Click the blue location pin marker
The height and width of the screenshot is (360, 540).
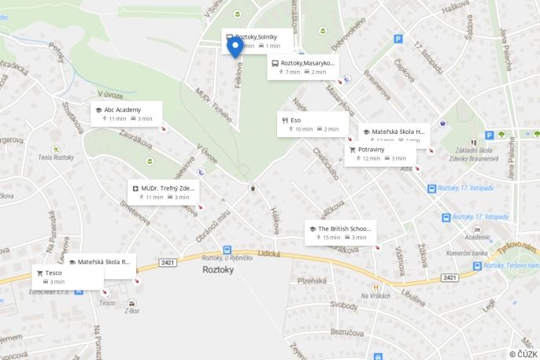pos(235,47)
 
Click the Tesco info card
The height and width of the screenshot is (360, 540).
pos(67,276)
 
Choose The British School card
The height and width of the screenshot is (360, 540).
pos(340,232)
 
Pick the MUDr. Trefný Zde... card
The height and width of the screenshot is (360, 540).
pos(163,192)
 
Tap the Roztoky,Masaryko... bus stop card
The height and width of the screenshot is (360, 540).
pos(302,66)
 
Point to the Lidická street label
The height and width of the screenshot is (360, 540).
pos(268,253)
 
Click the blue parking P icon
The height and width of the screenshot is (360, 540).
pos(398,39)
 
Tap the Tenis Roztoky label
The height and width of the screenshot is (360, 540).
pos(55,158)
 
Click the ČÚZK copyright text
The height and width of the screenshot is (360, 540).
pos(523,354)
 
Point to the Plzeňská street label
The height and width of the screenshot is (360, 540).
pos(313,280)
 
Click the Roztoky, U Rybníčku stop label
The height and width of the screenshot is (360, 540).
pos(227,258)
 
